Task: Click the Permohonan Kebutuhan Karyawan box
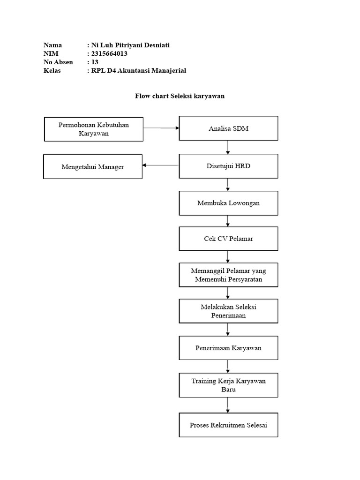click(x=94, y=129)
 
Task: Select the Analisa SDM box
click(x=228, y=128)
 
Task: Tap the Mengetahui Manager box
click(x=93, y=166)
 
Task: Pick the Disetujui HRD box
click(x=228, y=166)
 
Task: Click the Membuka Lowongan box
click(x=228, y=203)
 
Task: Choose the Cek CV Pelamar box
click(x=228, y=239)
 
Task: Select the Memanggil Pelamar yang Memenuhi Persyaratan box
click(x=228, y=275)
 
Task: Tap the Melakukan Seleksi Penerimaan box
click(x=228, y=311)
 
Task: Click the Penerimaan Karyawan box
click(x=228, y=348)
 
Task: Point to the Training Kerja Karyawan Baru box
click(x=228, y=385)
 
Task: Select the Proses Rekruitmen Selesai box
click(x=228, y=425)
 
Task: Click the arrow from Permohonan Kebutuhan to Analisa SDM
click(x=161, y=127)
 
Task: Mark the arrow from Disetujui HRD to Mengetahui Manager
click(x=161, y=165)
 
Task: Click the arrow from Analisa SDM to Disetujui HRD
click(x=228, y=147)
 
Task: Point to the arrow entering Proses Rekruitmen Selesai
click(x=228, y=405)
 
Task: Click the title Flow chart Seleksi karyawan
click(x=180, y=96)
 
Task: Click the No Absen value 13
click(x=95, y=62)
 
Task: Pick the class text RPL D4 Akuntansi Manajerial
click(x=139, y=70)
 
